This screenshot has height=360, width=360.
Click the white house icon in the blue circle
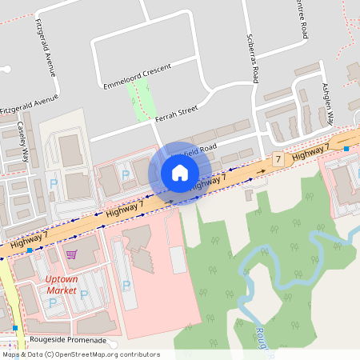pos(179,173)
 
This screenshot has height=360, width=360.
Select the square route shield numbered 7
pos(278,160)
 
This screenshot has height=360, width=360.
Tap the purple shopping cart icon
pos(71,254)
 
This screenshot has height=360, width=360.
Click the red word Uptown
pos(61,279)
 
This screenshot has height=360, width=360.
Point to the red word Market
pos(61,290)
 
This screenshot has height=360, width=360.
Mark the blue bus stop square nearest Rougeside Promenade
pos(15,328)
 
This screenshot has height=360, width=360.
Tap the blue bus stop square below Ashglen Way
pos(346,149)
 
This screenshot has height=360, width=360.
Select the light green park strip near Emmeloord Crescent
pos(141,101)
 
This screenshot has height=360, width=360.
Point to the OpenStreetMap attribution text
pos(80,354)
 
